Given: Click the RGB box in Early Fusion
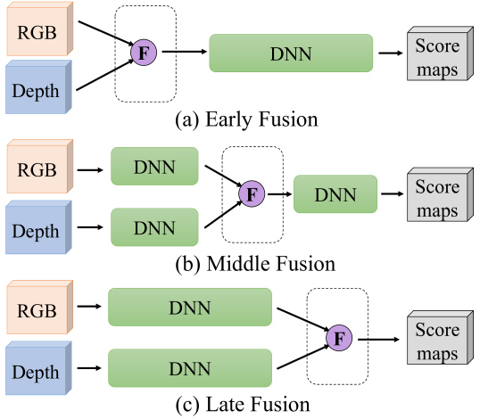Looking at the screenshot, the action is [40, 29].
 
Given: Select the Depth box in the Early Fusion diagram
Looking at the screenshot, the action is [38, 87].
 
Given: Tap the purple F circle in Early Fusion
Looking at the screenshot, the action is [144, 53].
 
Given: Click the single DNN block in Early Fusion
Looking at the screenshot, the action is [291, 53].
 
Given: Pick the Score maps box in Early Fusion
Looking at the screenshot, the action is [440, 53].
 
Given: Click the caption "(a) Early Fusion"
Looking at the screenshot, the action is [246, 119].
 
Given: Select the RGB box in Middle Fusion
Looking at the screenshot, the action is [40, 167].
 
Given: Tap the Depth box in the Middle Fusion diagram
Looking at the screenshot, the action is [38, 227].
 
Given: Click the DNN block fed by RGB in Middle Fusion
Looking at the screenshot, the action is [154, 167].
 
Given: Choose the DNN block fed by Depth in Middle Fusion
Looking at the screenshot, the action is [154, 227].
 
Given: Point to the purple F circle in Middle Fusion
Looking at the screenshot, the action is [252, 193].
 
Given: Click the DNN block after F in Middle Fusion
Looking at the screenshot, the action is [335, 194].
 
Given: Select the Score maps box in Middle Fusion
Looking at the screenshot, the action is [440, 194].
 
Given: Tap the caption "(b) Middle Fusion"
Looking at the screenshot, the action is [255, 264].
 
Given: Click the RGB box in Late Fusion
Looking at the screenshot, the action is [40, 307].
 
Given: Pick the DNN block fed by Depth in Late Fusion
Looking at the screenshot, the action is [190, 368].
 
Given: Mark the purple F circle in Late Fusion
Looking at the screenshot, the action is [339, 338].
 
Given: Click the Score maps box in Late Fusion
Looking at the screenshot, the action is [440, 338].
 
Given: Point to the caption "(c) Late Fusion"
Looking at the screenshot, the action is [243, 405].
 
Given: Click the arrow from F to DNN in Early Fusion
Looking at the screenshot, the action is [185, 52].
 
